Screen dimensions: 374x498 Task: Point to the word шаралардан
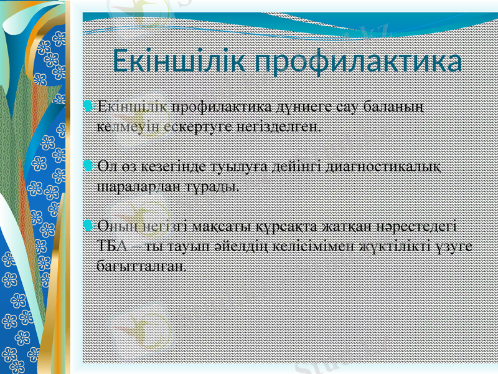pos(130,186)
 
